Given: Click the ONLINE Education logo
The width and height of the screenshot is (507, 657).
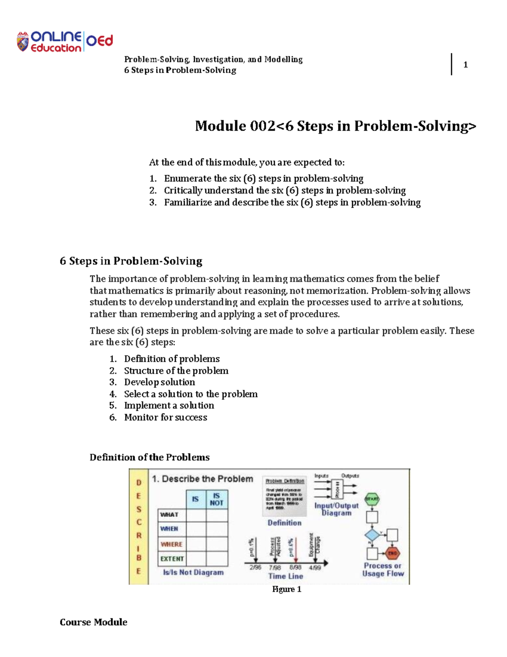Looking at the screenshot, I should coord(64,42).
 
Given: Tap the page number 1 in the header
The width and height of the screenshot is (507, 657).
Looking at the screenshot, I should coord(465,65).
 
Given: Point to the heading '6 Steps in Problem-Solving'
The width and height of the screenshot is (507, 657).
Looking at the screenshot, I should coord(131,261).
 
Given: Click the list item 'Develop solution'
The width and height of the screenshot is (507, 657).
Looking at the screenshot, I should coord(159,382).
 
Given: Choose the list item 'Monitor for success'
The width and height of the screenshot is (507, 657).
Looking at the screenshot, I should coord(165,418).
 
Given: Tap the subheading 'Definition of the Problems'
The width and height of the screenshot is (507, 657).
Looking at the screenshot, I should coord(150,457).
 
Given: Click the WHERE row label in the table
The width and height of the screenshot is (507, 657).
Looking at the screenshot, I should coord(171,544).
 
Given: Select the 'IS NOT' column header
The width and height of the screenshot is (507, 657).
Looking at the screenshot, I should coord(216,500).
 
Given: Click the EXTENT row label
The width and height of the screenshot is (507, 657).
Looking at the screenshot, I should coord(172,558).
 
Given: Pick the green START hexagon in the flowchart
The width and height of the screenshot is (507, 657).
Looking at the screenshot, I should coord(372,499).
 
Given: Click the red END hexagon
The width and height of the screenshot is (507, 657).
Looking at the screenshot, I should coord(393,553).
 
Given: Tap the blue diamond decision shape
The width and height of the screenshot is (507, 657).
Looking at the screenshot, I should coord(372,535).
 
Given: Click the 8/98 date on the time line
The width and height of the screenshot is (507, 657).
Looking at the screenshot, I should coord(295,567).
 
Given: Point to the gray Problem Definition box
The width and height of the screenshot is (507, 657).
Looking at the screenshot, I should coord(284,496).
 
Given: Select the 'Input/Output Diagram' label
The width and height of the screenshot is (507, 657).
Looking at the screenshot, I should coord(336,509).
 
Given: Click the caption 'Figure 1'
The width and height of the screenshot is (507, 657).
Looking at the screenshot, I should coord(286,589).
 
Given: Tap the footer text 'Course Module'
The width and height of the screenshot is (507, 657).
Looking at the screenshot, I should coord(93,622).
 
